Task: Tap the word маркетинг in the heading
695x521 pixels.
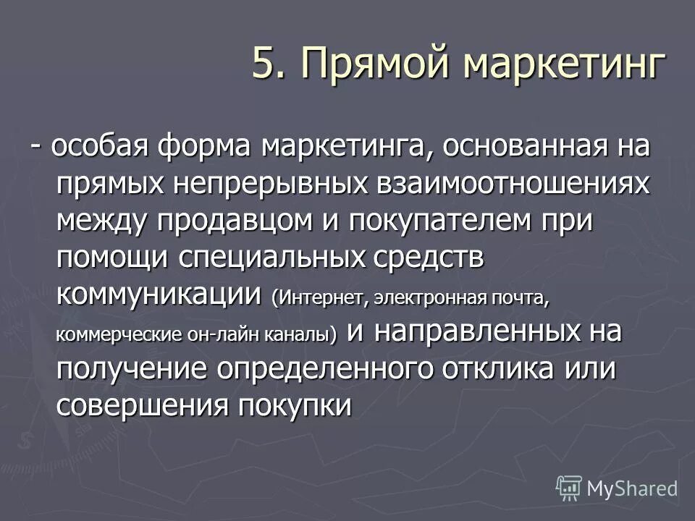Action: point(563,63)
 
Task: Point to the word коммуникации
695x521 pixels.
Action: point(159,294)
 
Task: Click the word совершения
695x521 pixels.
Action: point(140,405)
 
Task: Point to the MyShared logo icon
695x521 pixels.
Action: point(569,488)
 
